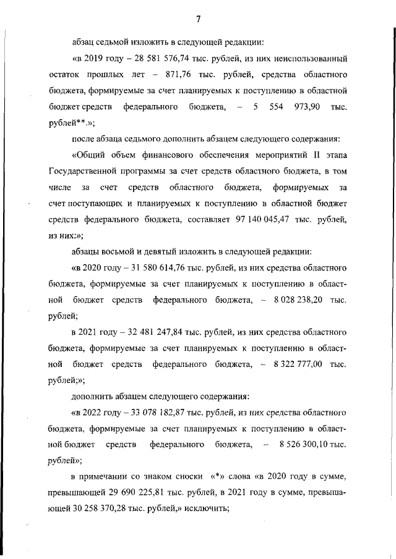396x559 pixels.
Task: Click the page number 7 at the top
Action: point(198,19)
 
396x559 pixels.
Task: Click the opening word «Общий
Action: point(90,154)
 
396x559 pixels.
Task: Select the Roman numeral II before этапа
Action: point(308,154)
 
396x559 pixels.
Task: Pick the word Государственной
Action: point(81,170)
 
